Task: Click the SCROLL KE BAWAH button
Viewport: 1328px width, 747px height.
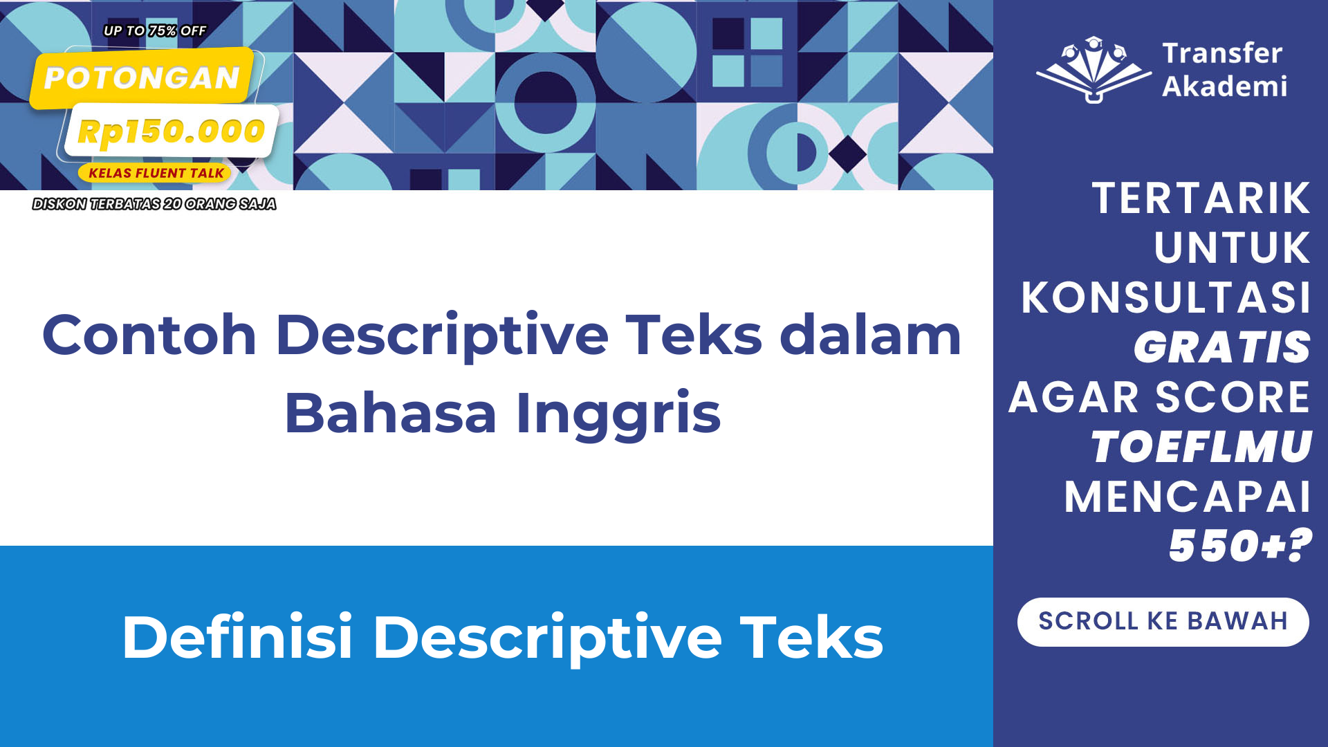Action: (x=1163, y=622)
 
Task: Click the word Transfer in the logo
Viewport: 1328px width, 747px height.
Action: (x=1222, y=53)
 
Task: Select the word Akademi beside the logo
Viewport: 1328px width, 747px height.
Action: (x=1224, y=86)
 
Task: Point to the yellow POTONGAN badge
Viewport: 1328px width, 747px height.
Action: (x=142, y=78)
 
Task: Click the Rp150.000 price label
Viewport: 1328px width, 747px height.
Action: (x=171, y=131)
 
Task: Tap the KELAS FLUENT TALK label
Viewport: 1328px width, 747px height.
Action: (x=156, y=173)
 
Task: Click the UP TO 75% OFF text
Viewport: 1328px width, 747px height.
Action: (x=155, y=31)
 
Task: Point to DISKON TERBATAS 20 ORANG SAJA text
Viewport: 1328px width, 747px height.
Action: (x=154, y=204)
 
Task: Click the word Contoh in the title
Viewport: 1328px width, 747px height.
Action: (x=149, y=335)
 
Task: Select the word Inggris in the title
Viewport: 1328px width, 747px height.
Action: (x=618, y=413)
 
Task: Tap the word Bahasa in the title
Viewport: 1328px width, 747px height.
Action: (x=391, y=413)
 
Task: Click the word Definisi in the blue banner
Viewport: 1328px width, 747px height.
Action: (x=237, y=637)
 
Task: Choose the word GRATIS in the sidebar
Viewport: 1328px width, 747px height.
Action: (x=1221, y=347)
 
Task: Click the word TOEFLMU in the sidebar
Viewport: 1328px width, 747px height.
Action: (x=1201, y=446)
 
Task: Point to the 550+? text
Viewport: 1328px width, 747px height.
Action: (x=1240, y=545)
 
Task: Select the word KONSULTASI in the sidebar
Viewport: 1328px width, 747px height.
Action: (x=1165, y=297)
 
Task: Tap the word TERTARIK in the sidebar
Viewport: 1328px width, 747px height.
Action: (x=1201, y=198)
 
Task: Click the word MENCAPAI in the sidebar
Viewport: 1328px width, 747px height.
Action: (x=1187, y=497)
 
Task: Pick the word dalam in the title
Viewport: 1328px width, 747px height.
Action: (x=871, y=335)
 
